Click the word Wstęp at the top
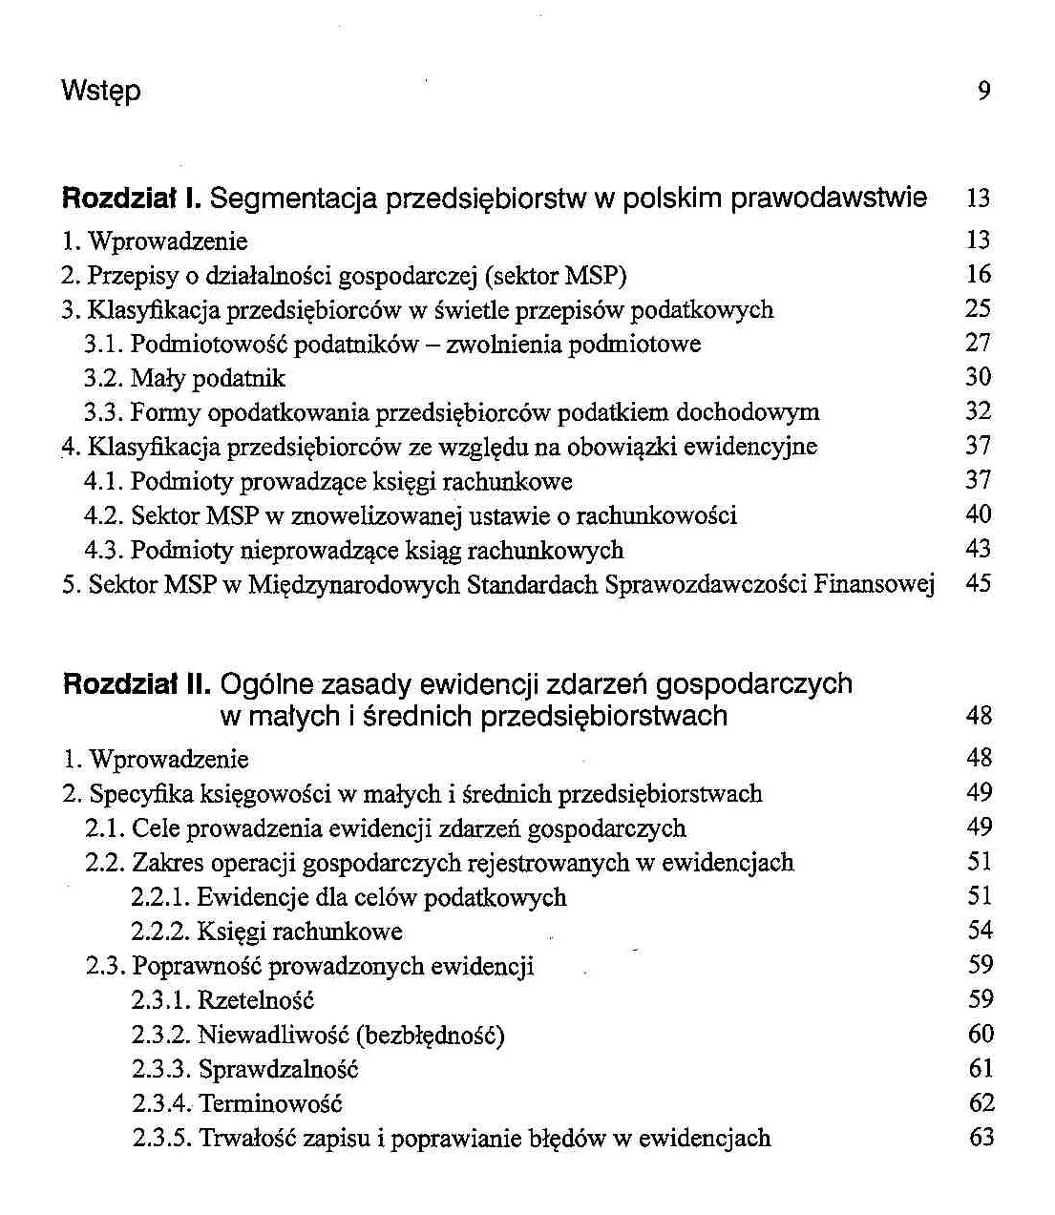pos(100,92)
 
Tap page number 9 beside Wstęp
pos(984,91)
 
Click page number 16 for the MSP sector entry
pos(979,275)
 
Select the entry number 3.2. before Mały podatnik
pos(102,379)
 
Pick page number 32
pos(979,412)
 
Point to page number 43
pos(979,550)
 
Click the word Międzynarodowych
pos(354,585)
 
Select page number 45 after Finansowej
pos(979,583)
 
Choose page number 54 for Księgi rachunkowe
pos(981,931)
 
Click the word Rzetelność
pos(256,1000)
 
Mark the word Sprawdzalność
pos(278,1069)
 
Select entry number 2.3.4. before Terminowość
pos(161,1104)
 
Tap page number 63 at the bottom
pos(981,1138)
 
